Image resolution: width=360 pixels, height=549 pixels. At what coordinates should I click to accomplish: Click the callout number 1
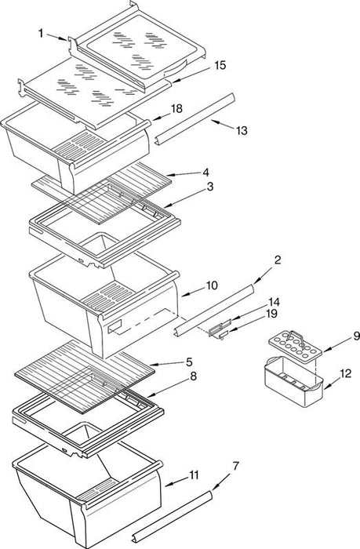pos(41,33)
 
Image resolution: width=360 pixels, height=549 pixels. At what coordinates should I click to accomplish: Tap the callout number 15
pos(220,65)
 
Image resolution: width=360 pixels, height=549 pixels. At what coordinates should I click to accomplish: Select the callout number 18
pos(176,108)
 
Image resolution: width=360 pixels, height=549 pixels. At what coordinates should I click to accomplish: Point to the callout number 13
pos(242,131)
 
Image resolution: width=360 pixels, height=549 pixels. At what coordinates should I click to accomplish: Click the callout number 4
pos(206,173)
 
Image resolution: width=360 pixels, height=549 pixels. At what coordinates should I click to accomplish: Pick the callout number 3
pos(209,187)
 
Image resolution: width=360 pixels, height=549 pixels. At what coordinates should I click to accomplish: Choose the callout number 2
pos(278,260)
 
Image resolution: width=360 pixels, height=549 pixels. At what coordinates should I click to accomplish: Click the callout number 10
pos(212,285)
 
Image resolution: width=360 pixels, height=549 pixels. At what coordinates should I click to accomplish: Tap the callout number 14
pos(275,301)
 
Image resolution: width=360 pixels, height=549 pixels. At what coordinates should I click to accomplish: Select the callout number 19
pos(271,314)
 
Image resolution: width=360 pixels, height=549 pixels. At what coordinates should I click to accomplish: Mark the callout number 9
pos(357,336)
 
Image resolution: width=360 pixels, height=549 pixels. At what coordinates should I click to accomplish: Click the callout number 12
pos(346,373)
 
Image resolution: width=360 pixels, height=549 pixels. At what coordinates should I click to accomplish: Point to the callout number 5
pos(189,362)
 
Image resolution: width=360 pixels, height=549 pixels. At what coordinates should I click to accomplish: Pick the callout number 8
pos(193,376)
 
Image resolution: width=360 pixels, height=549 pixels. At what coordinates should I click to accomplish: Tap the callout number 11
pos(194,475)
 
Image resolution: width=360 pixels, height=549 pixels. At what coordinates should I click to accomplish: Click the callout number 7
pos(236,466)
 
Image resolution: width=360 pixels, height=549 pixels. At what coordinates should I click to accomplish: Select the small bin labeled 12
pos(293,383)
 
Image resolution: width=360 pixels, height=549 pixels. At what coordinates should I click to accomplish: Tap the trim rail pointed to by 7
pos(173,517)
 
